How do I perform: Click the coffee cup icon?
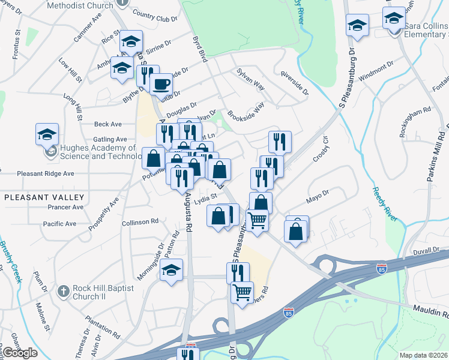tap(160, 85)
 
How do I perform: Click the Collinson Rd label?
tap(139, 221)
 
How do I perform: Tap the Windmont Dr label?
tap(376, 64)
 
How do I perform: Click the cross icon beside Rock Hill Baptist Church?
tap(62, 291)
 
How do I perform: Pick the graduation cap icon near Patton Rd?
tap(171, 269)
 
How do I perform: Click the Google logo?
tap(20, 352)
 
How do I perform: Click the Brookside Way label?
tap(246, 112)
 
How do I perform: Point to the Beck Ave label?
tap(108, 124)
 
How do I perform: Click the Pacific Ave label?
tap(59, 224)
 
